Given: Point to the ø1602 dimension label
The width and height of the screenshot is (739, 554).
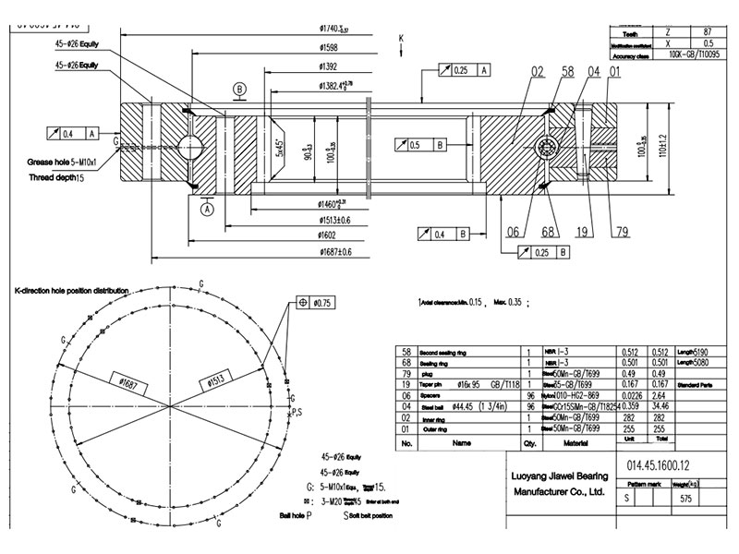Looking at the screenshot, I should [332, 235].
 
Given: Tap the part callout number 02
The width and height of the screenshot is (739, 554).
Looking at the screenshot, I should [538, 71].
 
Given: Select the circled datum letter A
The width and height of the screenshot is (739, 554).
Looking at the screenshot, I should [206, 209].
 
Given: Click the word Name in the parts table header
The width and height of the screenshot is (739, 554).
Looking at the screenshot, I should [462, 443].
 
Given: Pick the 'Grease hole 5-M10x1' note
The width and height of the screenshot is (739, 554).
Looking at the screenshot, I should [69, 162].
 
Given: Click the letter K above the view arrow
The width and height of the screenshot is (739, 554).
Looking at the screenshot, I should [402, 38].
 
